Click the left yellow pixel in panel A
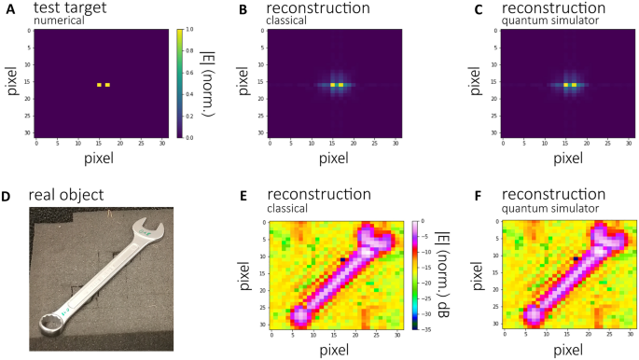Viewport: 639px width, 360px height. tap(99, 85)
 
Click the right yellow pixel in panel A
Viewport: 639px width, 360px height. tap(108, 85)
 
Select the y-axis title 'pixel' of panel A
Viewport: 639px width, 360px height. tap(10, 84)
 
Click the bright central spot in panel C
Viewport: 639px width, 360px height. tap(570, 85)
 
